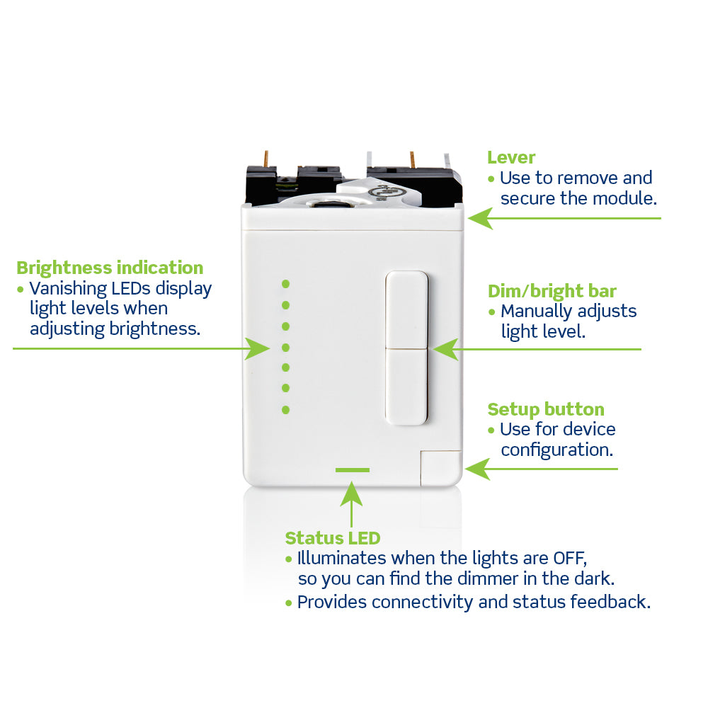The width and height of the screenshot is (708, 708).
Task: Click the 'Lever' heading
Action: (x=511, y=158)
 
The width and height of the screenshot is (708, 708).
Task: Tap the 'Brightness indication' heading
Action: (x=110, y=268)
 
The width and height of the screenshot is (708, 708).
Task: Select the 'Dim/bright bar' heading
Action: (x=552, y=291)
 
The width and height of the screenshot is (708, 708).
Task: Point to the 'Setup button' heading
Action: (x=546, y=409)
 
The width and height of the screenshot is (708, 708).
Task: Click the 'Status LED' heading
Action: (x=332, y=538)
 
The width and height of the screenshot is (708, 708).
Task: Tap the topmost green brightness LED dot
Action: (x=286, y=284)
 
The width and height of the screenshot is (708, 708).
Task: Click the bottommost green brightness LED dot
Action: (x=286, y=409)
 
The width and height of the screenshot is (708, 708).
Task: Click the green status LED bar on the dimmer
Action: (x=352, y=469)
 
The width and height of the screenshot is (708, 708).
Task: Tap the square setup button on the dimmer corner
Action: (x=440, y=467)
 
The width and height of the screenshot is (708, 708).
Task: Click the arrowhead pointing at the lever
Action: (x=479, y=218)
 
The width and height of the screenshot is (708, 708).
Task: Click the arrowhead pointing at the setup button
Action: (x=477, y=469)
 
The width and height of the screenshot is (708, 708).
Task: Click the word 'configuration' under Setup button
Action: (x=556, y=450)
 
